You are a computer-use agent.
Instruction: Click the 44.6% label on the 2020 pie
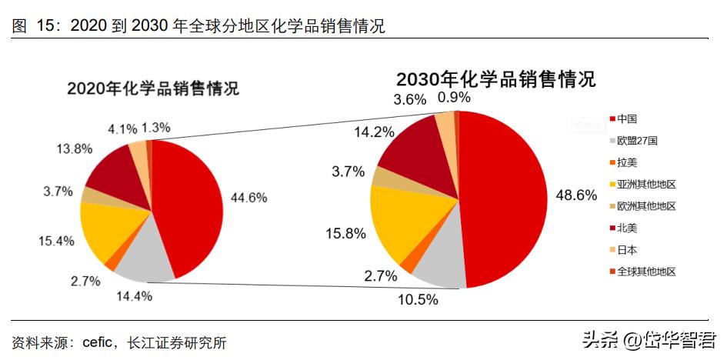(x=248, y=198)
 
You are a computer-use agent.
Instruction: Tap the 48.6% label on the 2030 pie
(x=576, y=195)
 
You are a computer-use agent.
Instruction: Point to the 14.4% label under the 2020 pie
(x=133, y=295)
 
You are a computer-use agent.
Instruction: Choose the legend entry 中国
(x=626, y=119)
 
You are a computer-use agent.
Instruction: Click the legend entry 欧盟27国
(x=637, y=141)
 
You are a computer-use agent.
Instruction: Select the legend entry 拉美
(x=627, y=163)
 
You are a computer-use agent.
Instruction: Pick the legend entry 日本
(x=627, y=250)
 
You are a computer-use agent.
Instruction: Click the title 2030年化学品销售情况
(x=496, y=79)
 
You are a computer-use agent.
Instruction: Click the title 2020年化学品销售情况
(x=153, y=88)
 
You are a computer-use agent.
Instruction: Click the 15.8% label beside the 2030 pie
(x=345, y=234)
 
